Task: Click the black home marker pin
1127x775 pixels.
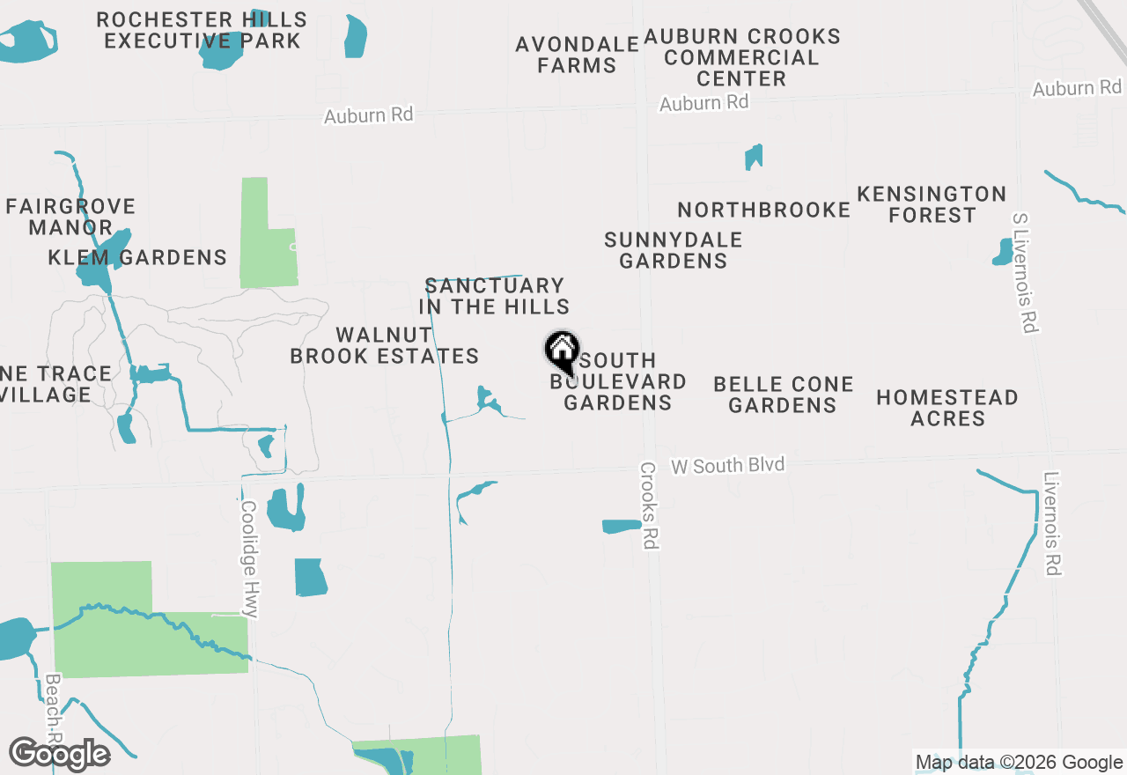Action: pos(562,351)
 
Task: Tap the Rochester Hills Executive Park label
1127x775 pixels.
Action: pos(202,30)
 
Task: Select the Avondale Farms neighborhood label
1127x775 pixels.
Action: pos(578,55)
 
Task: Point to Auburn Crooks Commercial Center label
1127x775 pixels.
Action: pos(742,57)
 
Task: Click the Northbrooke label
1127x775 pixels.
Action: pos(763,210)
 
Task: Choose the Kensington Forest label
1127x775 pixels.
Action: pos(932,204)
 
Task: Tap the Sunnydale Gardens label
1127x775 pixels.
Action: pos(674,250)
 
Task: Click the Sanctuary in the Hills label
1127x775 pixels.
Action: pos(494,296)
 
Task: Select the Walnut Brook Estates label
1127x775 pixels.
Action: pos(385,345)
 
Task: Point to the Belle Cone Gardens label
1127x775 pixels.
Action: pos(783,395)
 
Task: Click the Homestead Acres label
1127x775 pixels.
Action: pos(947,408)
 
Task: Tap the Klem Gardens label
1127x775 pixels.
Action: pos(137,257)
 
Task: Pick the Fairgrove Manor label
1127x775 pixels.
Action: pos(70,217)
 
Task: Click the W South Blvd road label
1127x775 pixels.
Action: pos(727,465)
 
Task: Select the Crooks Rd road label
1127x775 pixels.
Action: pos(649,506)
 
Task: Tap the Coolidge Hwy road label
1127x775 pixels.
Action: pos(249,559)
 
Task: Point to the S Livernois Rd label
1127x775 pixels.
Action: pos(1025,272)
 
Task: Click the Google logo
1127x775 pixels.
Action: pos(59,754)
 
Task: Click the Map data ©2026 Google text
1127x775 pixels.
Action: pos(1019,763)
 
